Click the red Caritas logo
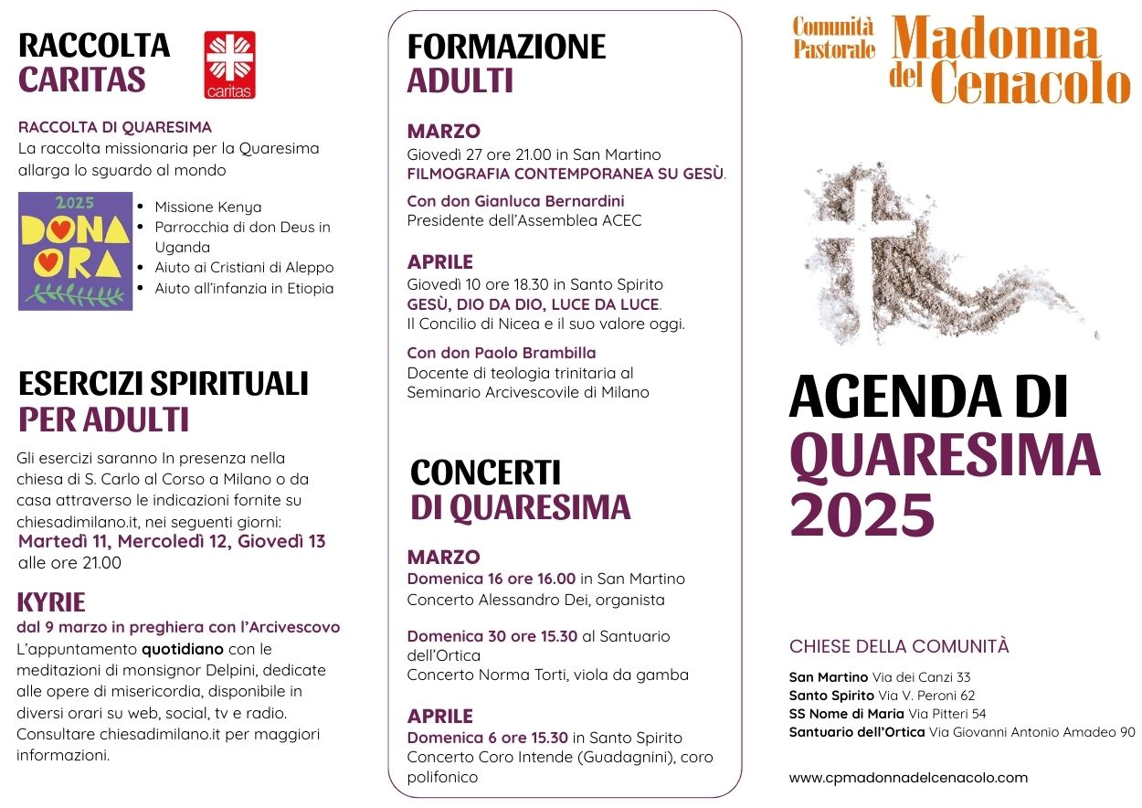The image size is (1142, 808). click(229, 65)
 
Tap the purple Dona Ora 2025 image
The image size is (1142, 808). click(76, 250)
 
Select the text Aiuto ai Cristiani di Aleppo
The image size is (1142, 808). click(244, 268)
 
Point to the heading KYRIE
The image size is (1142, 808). click(51, 602)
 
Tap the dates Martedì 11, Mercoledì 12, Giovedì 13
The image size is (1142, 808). click(172, 541)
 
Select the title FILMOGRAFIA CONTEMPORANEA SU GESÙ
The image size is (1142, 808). click(566, 174)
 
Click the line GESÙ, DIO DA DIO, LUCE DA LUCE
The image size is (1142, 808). click(533, 304)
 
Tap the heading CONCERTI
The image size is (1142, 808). click(485, 473)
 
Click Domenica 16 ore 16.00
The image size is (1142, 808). click(492, 579)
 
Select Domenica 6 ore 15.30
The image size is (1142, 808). click(488, 738)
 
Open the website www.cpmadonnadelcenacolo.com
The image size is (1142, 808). click(908, 778)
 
